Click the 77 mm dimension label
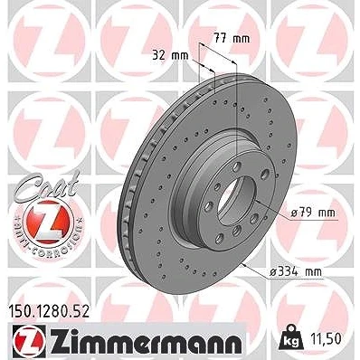[x=232, y=39]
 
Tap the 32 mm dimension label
[x=170, y=55]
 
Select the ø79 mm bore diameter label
[x=313, y=213]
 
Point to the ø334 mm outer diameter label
[x=295, y=272]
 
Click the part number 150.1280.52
[x=48, y=311]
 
